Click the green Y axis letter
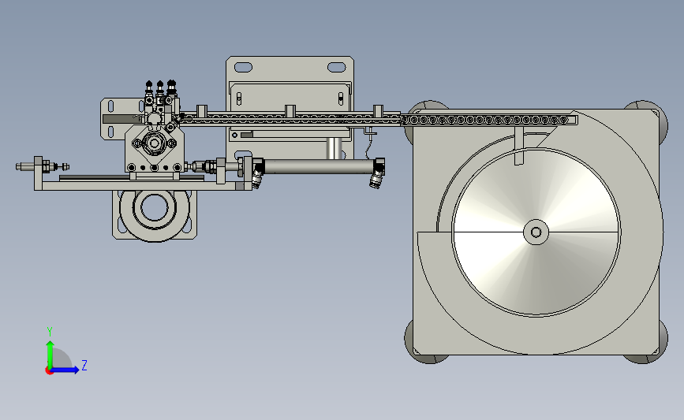pyautogui.click(x=50, y=332)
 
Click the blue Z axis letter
pyautogui.click(x=84, y=365)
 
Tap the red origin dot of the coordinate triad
pyautogui.click(x=49, y=371)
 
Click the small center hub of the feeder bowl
pyautogui.click(x=536, y=232)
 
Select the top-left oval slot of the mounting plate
pyautogui.click(x=243, y=67)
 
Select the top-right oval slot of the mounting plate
pyautogui.click(x=336, y=67)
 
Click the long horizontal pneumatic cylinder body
pyautogui.click(x=319, y=166)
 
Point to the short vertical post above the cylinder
pyautogui.click(x=335, y=148)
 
